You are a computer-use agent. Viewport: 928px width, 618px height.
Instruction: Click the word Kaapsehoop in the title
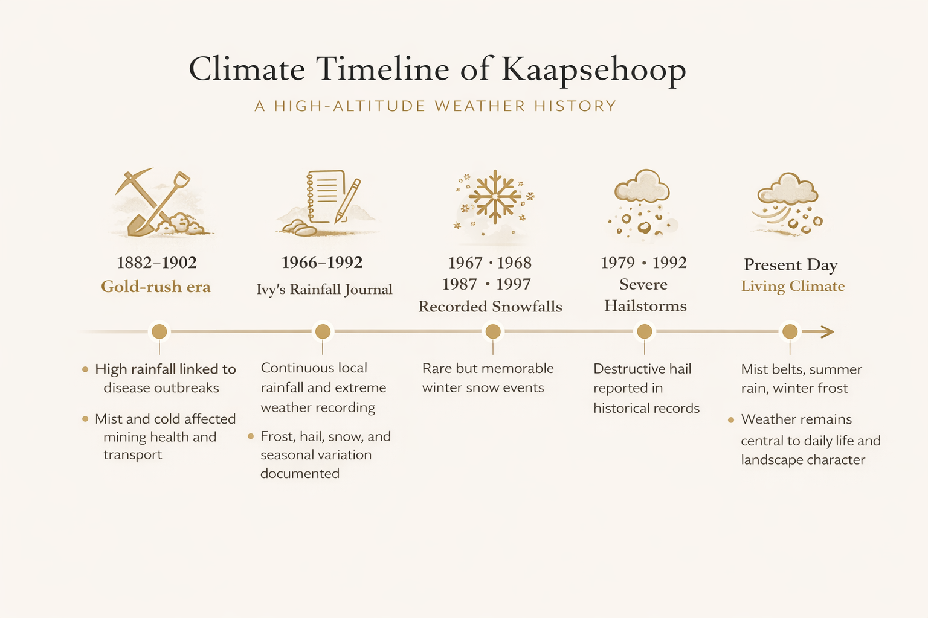594,70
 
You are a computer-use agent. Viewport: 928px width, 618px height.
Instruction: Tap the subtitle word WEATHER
480,106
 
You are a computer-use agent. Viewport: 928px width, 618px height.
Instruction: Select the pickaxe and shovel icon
159,202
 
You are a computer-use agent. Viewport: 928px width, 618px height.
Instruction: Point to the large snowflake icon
495,197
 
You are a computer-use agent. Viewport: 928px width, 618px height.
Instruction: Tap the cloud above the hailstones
642,186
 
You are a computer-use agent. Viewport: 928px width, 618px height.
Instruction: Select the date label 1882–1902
156,263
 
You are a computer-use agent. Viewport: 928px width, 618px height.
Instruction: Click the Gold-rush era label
156,287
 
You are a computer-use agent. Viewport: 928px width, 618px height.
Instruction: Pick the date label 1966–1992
322,263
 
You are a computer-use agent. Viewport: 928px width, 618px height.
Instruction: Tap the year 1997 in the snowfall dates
514,284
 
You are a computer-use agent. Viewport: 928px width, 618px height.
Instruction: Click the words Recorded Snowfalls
490,307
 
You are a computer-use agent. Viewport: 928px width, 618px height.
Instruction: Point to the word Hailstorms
645,306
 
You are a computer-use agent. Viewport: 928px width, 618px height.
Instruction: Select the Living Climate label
793,286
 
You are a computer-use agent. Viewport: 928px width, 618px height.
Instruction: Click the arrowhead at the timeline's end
827,331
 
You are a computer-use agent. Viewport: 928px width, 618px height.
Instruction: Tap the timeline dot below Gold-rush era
159,331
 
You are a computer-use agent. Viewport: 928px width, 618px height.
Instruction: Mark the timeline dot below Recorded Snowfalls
493,331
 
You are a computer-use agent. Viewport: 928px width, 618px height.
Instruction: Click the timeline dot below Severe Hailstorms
645,331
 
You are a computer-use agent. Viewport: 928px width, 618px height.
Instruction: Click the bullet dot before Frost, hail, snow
251,436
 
